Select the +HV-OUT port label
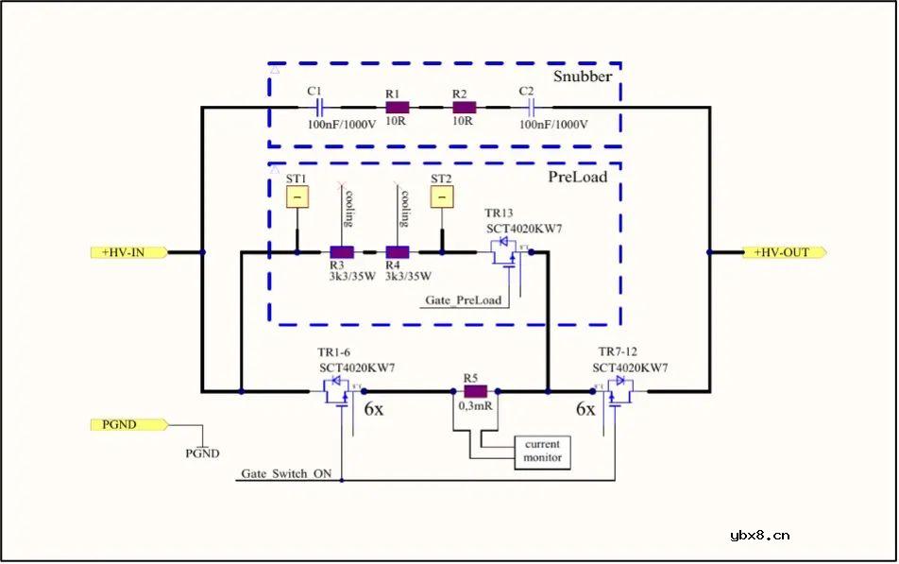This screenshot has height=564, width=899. coord(784,252)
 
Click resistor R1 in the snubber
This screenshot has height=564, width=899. coord(397,108)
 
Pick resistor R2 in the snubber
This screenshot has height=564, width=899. coord(463,108)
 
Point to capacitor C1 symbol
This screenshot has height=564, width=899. coord(318,108)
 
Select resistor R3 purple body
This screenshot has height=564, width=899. coord(341,252)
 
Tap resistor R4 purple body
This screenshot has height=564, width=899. coord(398,252)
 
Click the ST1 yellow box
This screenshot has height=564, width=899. coord(297,197)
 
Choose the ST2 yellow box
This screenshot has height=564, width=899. coord(441,197)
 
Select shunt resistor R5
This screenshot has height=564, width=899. coord(474,391)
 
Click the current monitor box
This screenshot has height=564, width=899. coord(542,451)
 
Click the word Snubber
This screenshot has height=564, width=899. coord(582,76)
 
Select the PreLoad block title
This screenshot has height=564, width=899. coord(578,176)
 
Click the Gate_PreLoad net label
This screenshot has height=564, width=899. coord(463,300)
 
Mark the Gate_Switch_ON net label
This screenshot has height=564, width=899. coord(286,473)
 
